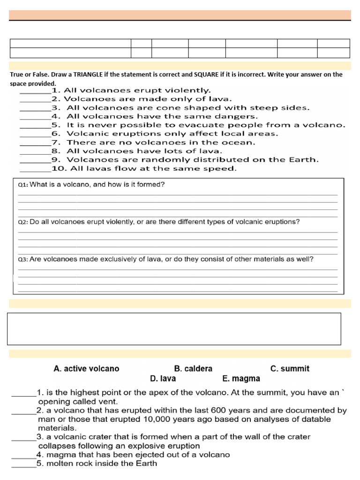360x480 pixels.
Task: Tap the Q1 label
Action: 23,185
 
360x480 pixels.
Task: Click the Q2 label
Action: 23,222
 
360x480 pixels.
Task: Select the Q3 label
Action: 23,259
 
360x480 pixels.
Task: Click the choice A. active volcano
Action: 86,369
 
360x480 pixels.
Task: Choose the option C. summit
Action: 290,369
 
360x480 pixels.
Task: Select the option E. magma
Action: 241,378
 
